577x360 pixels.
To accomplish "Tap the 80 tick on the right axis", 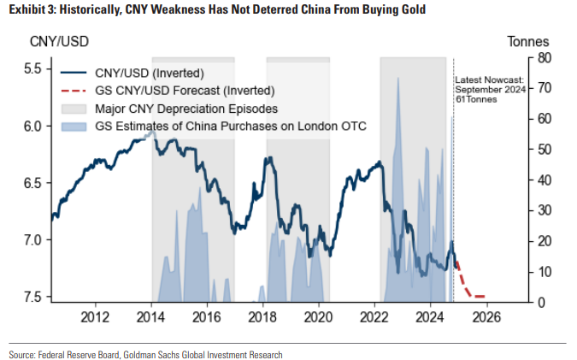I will [545, 57].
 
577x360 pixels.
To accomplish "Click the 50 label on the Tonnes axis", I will [545, 150].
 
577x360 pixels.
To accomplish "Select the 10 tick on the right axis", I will [545, 272].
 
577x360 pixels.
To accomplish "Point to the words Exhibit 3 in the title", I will [31, 10].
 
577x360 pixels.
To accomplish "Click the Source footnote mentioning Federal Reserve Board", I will [145, 353].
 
